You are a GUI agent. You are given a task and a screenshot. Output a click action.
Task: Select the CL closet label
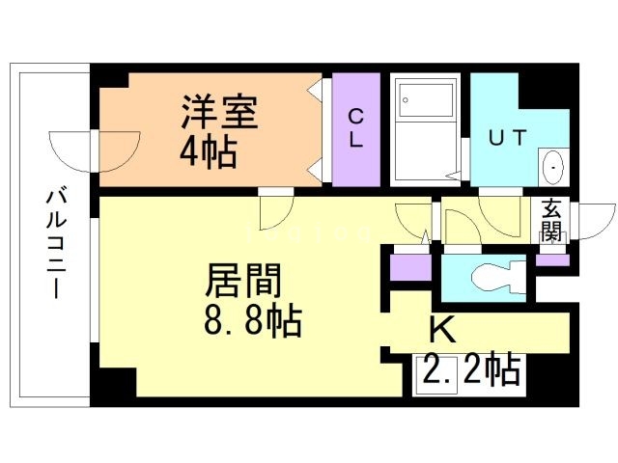355,128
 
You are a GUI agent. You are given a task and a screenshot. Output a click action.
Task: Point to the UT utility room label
507,137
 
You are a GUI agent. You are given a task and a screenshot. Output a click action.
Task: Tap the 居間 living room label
242,283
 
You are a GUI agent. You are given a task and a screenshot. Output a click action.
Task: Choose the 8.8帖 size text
254,319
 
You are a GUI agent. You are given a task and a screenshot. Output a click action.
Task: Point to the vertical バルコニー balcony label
54,242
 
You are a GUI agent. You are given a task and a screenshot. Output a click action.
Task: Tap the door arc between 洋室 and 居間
275,207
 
